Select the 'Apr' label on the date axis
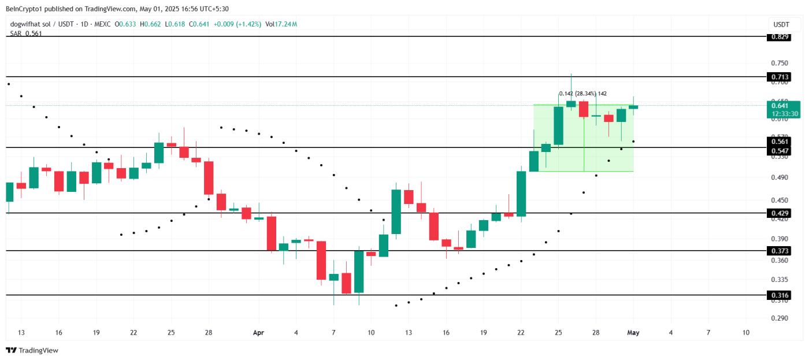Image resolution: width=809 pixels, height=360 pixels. click(x=258, y=333)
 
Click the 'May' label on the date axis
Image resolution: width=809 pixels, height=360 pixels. click(x=633, y=333)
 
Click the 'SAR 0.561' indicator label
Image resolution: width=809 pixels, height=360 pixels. click(x=25, y=34)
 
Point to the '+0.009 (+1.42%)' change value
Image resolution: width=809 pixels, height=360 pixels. click(x=237, y=24)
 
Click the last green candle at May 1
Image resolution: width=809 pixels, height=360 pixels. click(x=633, y=107)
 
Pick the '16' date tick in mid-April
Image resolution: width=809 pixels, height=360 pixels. click(x=446, y=333)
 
